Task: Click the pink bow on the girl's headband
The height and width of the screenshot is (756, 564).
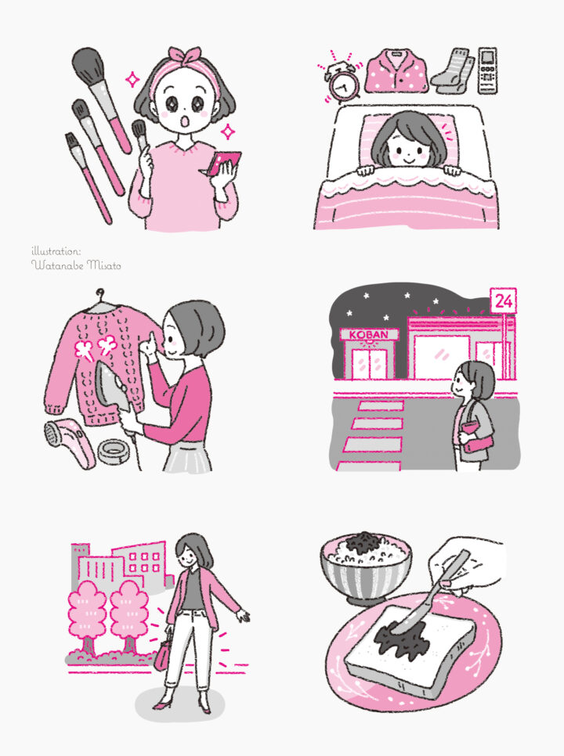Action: click(x=184, y=56)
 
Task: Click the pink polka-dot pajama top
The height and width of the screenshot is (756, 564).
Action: click(x=396, y=70)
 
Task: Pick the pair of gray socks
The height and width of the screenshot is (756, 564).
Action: click(x=453, y=70)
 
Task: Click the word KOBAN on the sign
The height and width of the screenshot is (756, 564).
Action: click(x=369, y=335)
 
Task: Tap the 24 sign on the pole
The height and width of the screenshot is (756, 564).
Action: click(x=503, y=301)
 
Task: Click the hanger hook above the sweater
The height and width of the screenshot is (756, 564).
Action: click(x=100, y=294)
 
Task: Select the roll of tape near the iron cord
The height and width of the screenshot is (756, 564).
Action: click(x=113, y=452)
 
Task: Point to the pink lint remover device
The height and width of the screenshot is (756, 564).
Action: click(x=68, y=442)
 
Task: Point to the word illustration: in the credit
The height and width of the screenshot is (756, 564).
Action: click(x=56, y=250)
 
